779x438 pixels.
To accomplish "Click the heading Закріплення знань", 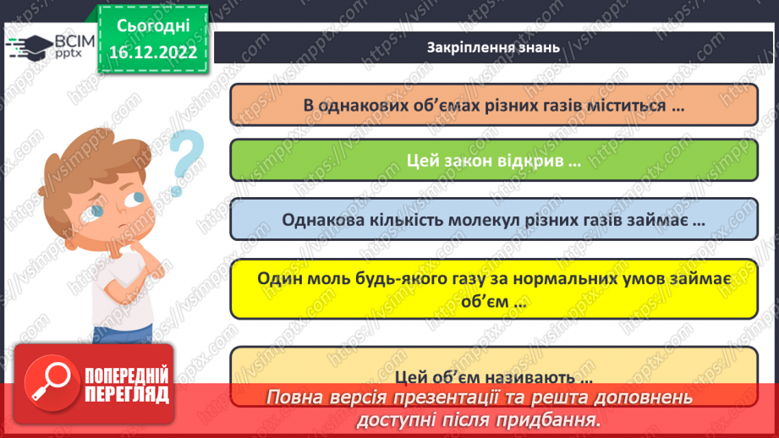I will (x=493, y=47).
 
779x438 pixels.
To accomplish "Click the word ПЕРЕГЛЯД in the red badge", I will (x=128, y=394).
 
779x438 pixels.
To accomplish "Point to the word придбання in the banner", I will (x=555, y=419).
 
